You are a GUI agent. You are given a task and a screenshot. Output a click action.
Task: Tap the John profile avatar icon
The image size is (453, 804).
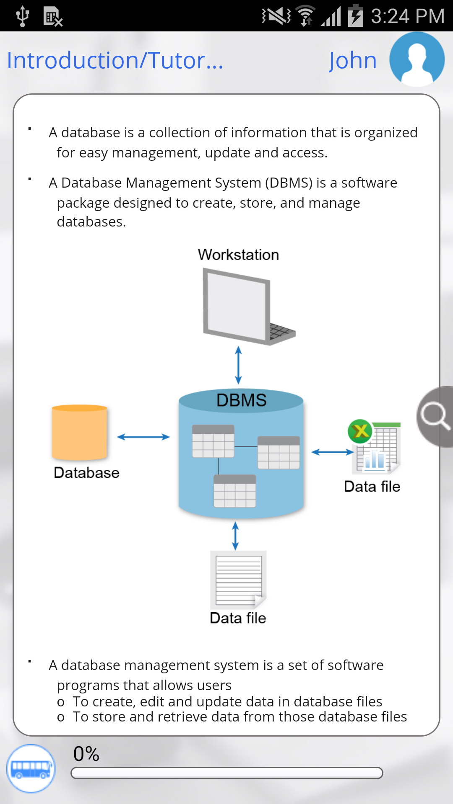click(x=417, y=59)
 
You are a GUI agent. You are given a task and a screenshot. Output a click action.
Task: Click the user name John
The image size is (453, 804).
click(x=352, y=60)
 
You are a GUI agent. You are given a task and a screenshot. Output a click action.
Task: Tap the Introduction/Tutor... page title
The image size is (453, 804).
click(x=115, y=60)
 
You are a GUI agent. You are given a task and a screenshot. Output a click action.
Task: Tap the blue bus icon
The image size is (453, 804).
click(x=31, y=768)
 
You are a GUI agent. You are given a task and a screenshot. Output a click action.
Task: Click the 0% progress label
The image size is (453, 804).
click(x=86, y=754)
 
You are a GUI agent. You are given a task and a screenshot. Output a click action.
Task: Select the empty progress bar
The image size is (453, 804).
click(x=226, y=773)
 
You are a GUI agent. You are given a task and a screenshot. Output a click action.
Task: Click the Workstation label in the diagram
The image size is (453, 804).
click(x=238, y=255)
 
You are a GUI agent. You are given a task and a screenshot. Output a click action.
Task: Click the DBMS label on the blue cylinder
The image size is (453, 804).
click(x=241, y=400)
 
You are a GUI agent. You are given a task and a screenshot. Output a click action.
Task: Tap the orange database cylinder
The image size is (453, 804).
click(x=80, y=433)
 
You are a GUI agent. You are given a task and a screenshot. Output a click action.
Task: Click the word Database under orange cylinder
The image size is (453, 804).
click(x=86, y=473)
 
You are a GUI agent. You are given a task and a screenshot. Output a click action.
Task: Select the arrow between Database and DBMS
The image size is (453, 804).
click(x=143, y=437)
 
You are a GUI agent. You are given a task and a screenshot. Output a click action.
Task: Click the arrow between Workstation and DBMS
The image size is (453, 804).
click(x=238, y=365)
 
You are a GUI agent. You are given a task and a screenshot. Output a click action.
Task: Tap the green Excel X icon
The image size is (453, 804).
click(x=360, y=431)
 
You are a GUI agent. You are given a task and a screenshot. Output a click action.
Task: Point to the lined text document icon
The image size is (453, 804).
click(x=238, y=580)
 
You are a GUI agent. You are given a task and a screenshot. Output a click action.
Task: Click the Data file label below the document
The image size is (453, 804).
click(x=238, y=618)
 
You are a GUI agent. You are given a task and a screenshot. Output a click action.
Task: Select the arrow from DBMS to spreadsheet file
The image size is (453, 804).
click(x=333, y=452)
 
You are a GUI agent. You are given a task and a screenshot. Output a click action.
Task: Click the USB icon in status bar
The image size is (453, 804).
click(x=22, y=16)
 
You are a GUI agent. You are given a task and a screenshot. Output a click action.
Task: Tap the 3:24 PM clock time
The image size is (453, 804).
click(x=407, y=16)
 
